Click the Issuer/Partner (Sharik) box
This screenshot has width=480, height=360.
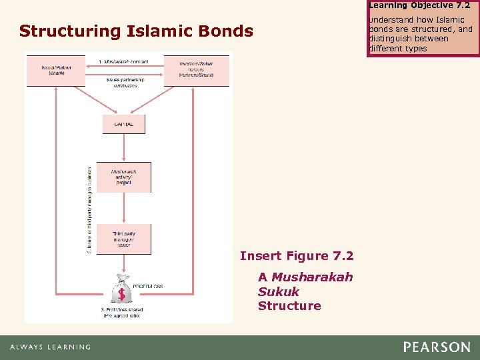(55, 70)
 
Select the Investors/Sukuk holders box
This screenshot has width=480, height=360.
(196, 70)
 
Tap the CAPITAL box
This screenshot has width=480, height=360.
(123, 124)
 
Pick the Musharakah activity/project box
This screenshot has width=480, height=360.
(123, 177)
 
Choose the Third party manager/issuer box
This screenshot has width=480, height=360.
(123, 239)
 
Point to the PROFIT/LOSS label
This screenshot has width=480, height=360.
(147, 287)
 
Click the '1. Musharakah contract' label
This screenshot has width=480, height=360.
(123, 61)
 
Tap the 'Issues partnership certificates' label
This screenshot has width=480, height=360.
(123, 83)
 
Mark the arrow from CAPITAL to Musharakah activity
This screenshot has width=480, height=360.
(123, 148)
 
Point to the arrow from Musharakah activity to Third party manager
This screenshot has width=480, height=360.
(123, 208)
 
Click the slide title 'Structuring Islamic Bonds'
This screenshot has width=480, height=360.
(136, 31)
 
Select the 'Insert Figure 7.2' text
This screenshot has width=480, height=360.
(296, 256)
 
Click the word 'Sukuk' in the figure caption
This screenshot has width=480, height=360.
(279, 291)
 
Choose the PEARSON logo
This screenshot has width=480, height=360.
(436, 347)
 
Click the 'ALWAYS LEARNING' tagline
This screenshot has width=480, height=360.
(50, 347)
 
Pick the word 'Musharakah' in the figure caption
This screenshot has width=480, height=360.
(312, 277)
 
